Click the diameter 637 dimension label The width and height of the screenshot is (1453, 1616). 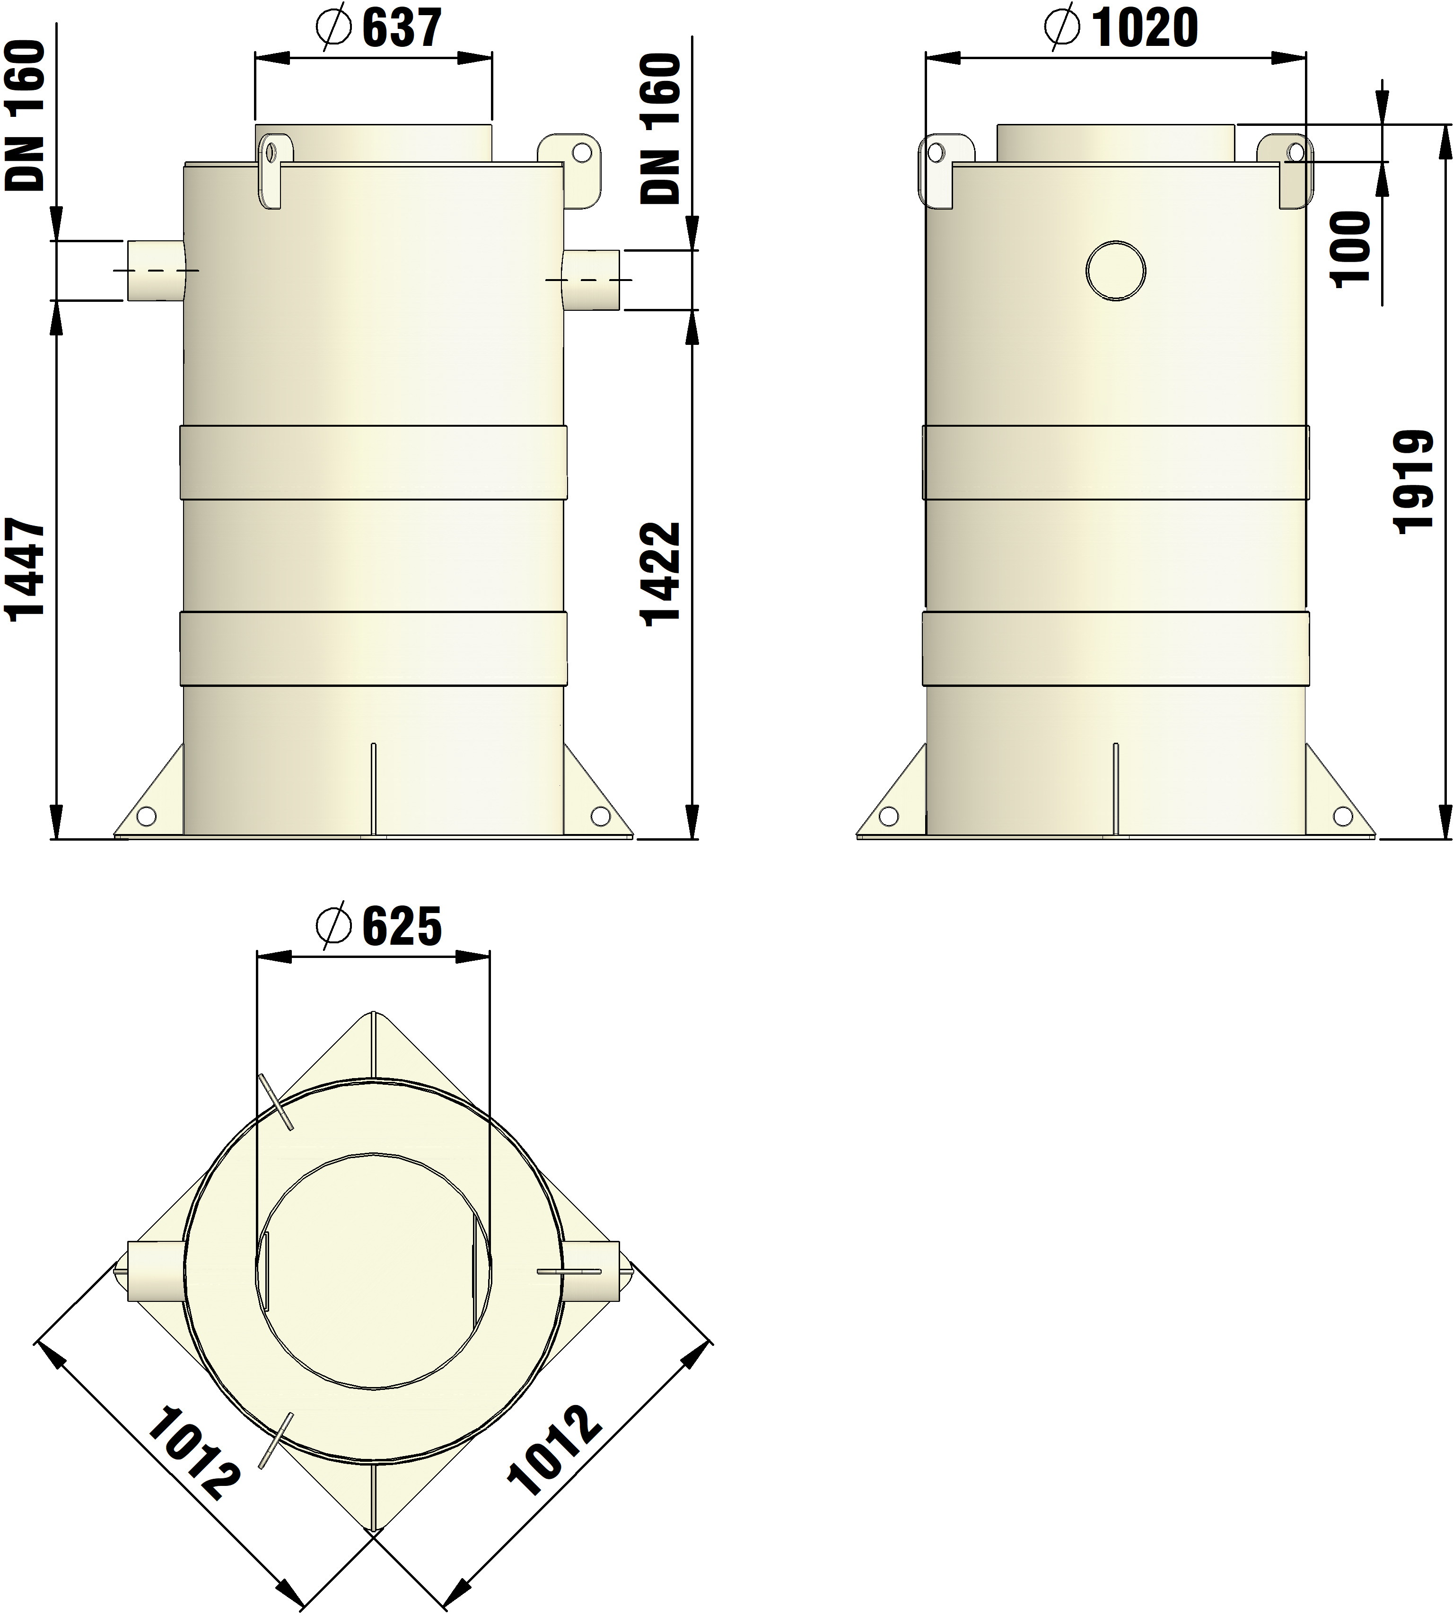click(378, 29)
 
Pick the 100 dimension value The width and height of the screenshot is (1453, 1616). click(1350, 247)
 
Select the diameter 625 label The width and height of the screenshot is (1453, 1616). click(378, 926)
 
